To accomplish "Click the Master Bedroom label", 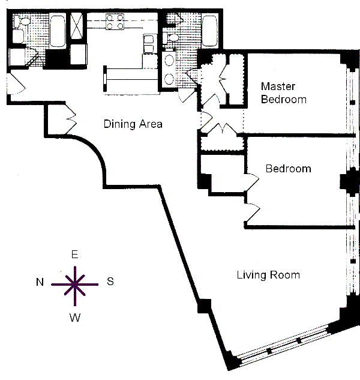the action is click(x=284, y=93).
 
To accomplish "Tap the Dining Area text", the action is click(x=133, y=124).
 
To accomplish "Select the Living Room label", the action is click(x=268, y=275).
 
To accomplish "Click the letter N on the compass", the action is click(x=40, y=282).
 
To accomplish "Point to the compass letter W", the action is click(x=75, y=317).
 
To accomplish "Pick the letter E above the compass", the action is click(x=74, y=255).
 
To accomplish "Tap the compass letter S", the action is click(x=110, y=282).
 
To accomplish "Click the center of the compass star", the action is click(x=75, y=285).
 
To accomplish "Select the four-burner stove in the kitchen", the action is click(x=115, y=22).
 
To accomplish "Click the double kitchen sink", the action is click(x=149, y=44).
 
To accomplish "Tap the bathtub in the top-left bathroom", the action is click(x=58, y=31).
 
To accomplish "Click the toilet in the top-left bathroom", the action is click(x=22, y=21).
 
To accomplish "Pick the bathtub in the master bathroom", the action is click(x=209, y=31).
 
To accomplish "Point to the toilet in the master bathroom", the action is click(x=171, y=38).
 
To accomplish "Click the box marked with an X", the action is click(x=77, y=26).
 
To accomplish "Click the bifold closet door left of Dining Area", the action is click(x=71, y=119).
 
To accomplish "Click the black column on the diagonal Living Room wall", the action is click(x=204, y=306).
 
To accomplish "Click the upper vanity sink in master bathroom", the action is click(x=169, y=61).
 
